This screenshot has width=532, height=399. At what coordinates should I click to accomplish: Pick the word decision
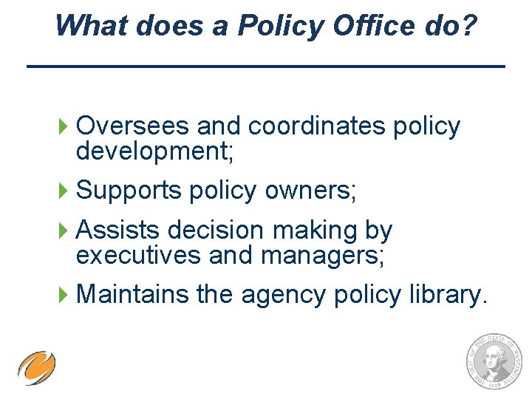[215, 231]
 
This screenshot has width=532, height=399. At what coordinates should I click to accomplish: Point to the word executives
[137, 255]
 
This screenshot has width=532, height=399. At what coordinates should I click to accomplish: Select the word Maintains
[133, 294]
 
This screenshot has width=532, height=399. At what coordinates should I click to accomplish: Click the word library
[448, 294]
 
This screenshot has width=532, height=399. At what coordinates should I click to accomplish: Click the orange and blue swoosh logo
[37, 367]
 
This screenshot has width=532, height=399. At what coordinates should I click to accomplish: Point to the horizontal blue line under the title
[266, 67]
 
